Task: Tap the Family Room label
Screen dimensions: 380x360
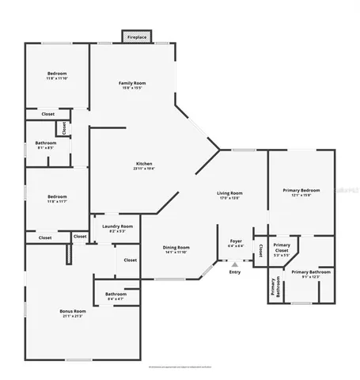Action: coord(131,83)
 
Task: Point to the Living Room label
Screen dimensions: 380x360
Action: coord(229,193)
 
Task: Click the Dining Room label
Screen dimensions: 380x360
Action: coord(176,247)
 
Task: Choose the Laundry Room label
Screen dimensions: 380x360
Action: coord(117,226)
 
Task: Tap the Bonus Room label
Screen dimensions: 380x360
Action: coord(72,311)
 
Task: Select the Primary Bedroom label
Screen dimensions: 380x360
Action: coord(301,190)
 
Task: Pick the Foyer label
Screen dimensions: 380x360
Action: coord(235,241)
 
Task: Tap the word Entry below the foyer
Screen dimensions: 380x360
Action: coord(234,272)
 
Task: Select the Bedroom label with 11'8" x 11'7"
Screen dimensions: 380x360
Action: coord(56,196)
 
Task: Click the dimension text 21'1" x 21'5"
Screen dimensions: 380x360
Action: coord(72,316)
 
